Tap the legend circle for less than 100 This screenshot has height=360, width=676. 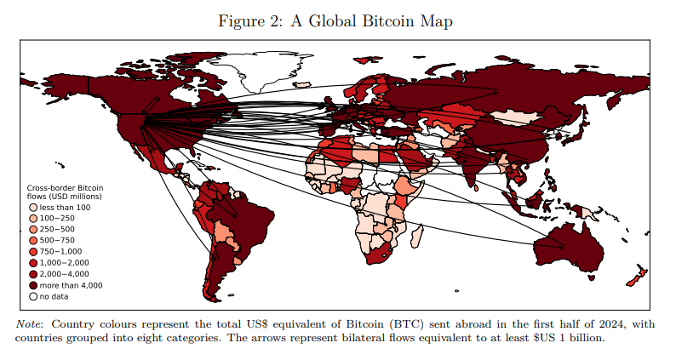33,208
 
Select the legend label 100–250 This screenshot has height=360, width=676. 57,219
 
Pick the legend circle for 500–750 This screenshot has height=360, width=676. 33,241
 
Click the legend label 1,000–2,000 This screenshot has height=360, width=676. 64,263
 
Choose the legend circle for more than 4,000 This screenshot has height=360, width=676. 33,285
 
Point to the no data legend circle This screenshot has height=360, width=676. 33,297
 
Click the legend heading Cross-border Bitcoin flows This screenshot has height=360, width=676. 65,191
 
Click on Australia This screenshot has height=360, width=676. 569,247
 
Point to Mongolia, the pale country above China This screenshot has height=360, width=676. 516,117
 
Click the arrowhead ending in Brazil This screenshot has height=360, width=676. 235,214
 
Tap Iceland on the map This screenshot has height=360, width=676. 303,85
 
